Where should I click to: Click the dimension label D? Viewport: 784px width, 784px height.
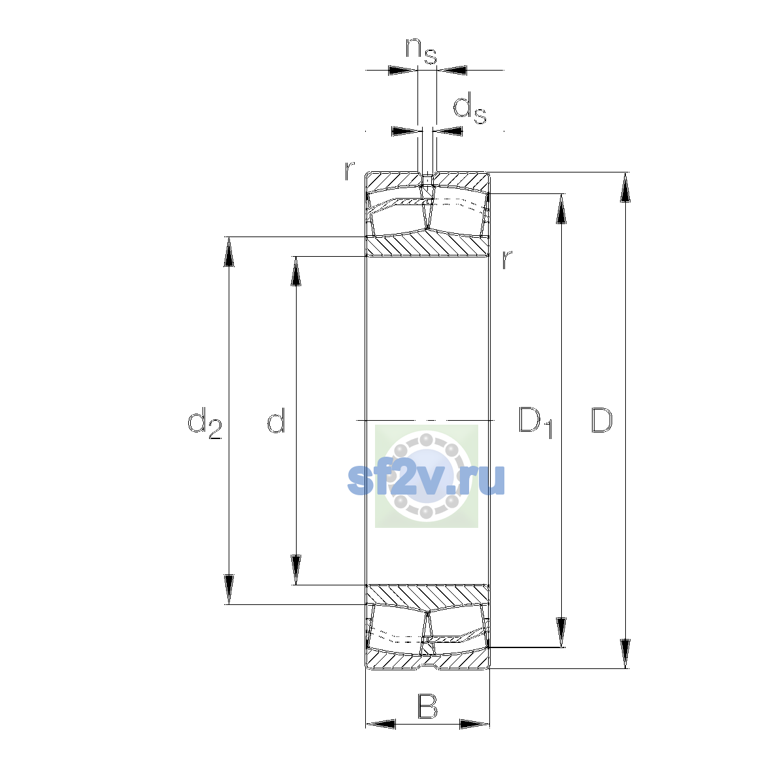pos(601,420)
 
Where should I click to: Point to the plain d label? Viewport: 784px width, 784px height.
pos(276,420)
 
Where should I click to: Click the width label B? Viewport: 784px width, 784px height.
pos(427,706)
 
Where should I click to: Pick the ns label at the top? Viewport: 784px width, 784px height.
pos(421,52)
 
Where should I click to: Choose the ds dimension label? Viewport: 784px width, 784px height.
pos(470,108)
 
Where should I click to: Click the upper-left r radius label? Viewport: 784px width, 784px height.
pos(349,171)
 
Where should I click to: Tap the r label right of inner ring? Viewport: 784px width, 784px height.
pos(506,259)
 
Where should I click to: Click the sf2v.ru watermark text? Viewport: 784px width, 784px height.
pos(426,480)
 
